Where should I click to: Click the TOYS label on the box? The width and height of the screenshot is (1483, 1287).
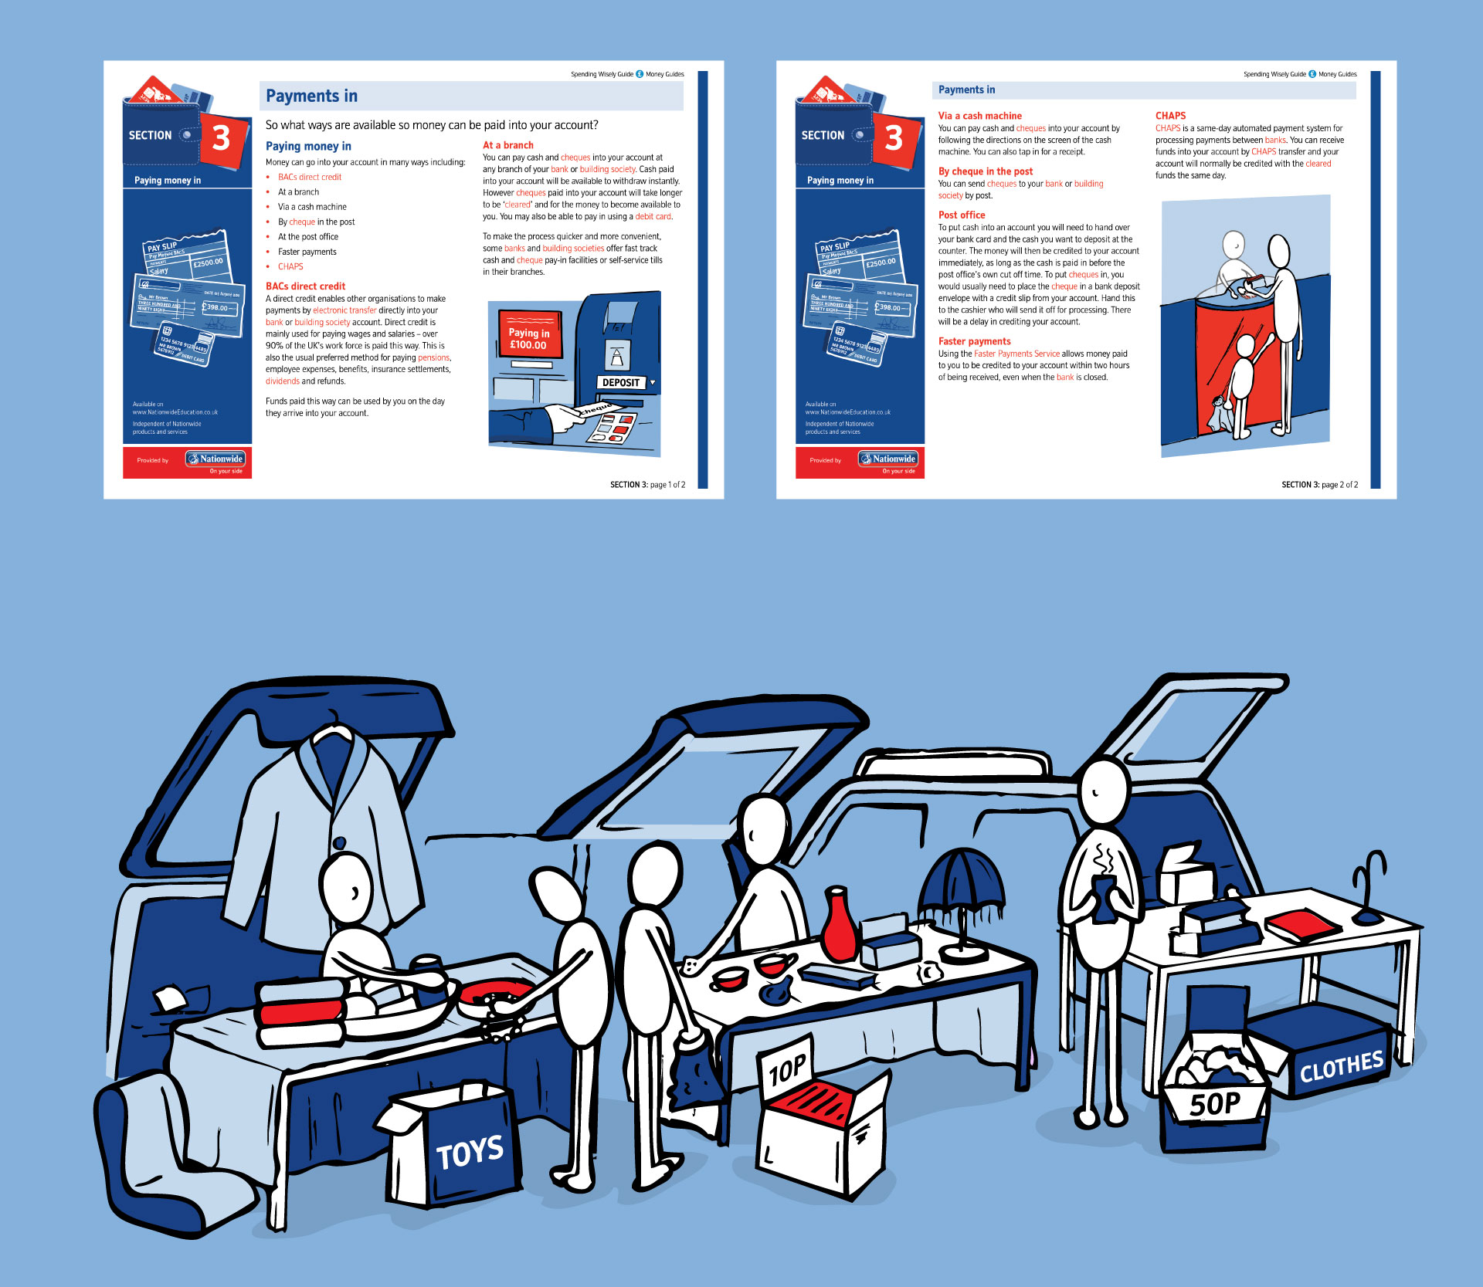(x=470, y=1153)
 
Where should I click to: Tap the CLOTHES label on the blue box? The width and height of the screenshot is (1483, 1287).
(x=1341, y=1067)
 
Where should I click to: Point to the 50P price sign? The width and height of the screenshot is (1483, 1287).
(x=1215, y=1104)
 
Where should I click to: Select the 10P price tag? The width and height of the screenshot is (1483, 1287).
(x=787, y=1069)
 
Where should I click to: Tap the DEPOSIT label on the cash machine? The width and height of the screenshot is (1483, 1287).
(x=621, y=382)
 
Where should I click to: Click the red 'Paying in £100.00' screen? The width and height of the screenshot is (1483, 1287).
(x=529, y=338)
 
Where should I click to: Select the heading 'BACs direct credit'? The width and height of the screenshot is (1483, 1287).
(x=305, y=286)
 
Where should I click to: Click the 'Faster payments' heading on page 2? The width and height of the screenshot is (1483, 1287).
(x=974, y=341)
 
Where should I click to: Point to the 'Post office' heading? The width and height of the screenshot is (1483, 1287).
(x=962, y=215)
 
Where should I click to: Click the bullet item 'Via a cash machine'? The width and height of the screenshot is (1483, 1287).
(x=312, y=207)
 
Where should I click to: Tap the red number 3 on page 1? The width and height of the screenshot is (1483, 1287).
(x=222, y=138)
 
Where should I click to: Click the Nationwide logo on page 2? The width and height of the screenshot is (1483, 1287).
(x=888, y=459)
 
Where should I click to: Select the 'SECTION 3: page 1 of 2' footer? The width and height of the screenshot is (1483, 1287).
(x=647, y=485)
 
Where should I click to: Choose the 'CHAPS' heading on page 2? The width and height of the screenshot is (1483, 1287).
(x=1170, y=116)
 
